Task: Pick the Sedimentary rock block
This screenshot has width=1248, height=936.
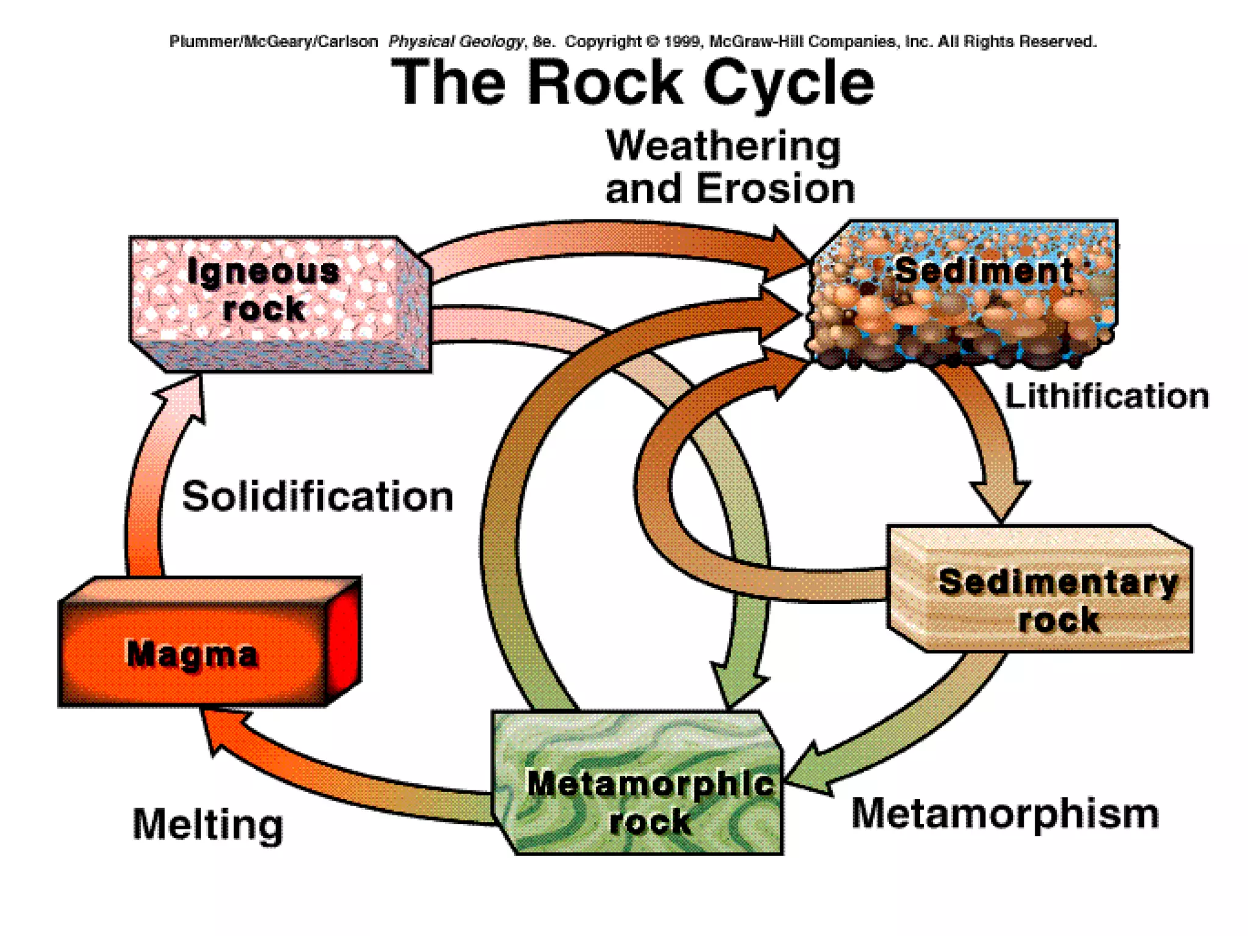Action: point(1048,594)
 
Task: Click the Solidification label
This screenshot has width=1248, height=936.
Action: point(317,497)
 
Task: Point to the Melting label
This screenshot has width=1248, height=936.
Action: point(208,824)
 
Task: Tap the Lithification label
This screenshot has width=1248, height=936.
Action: point(1106,396)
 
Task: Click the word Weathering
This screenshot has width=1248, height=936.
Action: point(723,147)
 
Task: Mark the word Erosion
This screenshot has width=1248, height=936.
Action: point(775,188)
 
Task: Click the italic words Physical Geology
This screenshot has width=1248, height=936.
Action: point(456,41)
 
